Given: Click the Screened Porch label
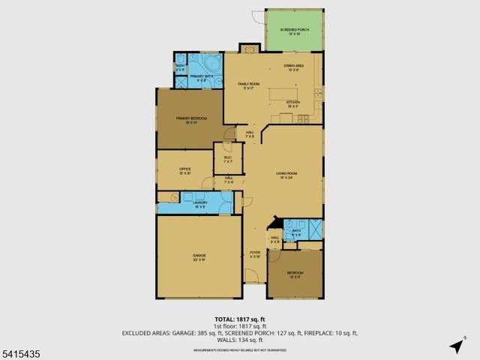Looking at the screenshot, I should tap(294, 31).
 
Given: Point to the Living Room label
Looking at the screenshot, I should tap(288, 175).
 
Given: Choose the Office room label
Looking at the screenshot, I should tap(185, 171).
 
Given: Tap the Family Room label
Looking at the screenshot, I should tap(248, 85).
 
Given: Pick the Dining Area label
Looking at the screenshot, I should tap(293, 69).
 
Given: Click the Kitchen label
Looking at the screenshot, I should tap(293, 103).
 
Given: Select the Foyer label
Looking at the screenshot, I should tap(255, 254).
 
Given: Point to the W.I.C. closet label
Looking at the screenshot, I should tap(228, 159).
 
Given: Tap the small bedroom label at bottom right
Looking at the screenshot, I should tap(295, 274).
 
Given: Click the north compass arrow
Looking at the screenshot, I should tap(456, 346).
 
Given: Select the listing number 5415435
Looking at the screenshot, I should tap(20, 351).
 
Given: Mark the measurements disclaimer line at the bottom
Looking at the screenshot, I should tap(240, 349).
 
